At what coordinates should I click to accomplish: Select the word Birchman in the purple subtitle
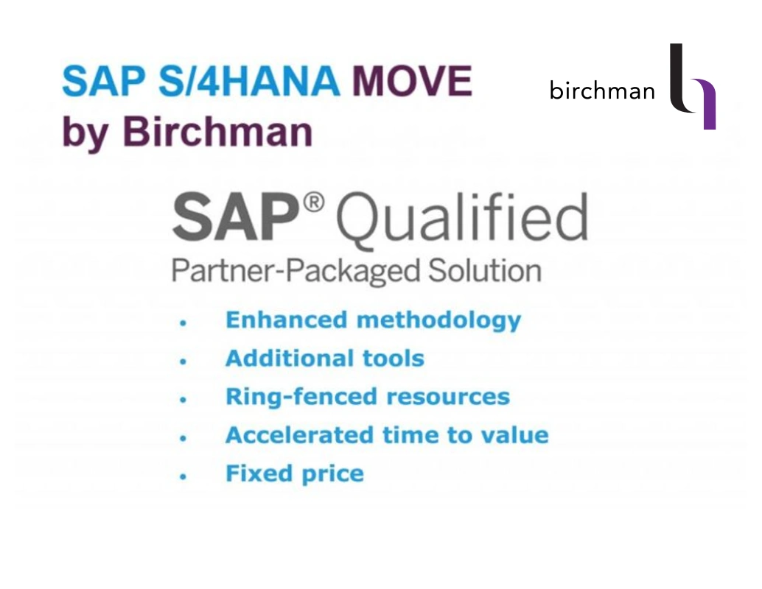pyautogui.click(x=217, y=132)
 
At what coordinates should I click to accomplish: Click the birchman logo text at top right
pyautogui.click(x=602, y=91)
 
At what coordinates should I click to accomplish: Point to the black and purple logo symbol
pyautogui.click(x=693, y=87)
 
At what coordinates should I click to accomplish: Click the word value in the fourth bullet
pyautogui.click(x=514, y=435)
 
